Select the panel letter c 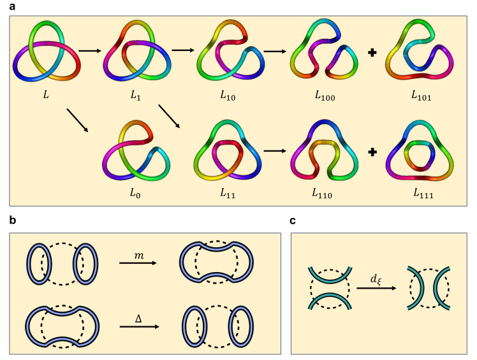pyautogui.click(x=293, y=220)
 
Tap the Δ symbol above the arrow pyautogui.click(x=138, y=310)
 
